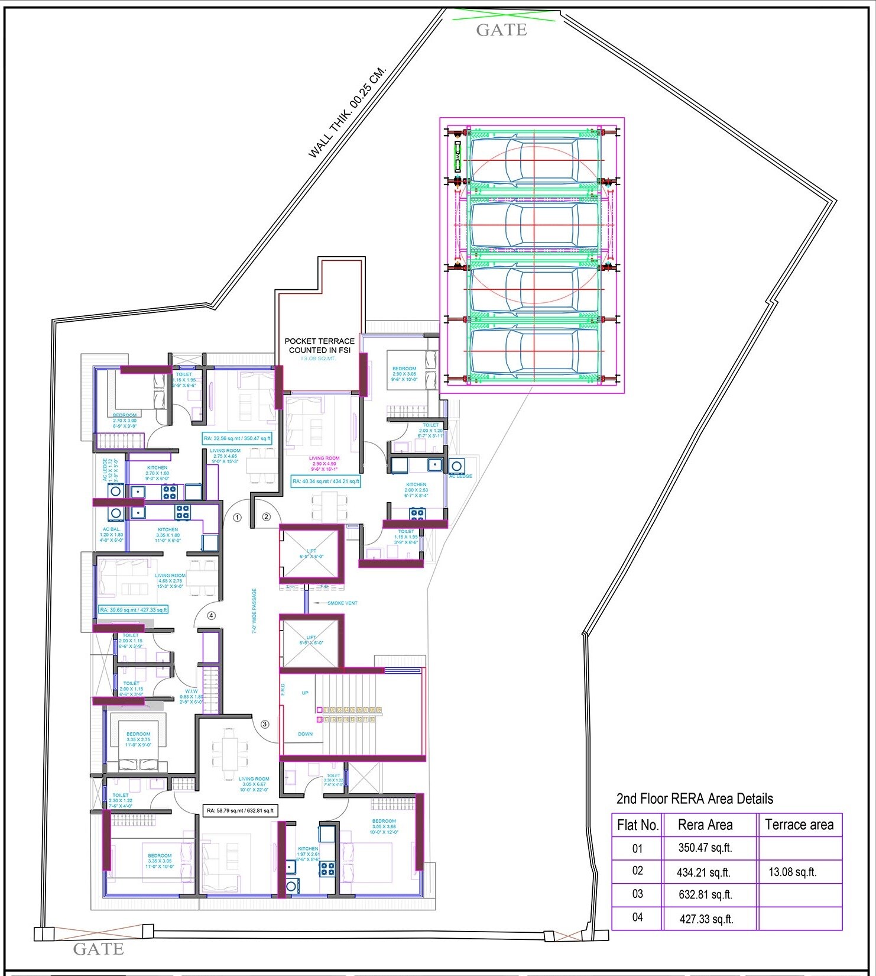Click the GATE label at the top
pyautogui.click(x=501, y=30)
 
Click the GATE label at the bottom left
pyautogui.click(x=98, y=949)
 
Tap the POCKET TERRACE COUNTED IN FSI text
pyautogui.click(x=319, y=345)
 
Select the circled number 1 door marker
pyautogui.click(x=237, y=517)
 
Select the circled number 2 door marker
pyautogui.click(x=266, y=517)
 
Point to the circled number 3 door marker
pyautogui.click(x=265, y=724)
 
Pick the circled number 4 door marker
pyautogui.click(x=211, y=615)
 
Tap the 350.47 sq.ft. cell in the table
pyautogui.click(x=705, y=848)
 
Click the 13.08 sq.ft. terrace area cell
pyautogui.click(x=792, y=872)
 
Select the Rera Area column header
pyautogui.click(x=705, y=825)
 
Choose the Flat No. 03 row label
pyautogui.click(x=637, y=894)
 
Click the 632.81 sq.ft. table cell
pyautogui.click(x=705, y=894)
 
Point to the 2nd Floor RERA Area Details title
pyautogui.click(x=695, y=799)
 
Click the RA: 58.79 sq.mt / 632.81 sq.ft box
pyautogui.click(x=239, y=810)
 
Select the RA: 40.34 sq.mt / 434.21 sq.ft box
pyautogui.click(x=326, y=481)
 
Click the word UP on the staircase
pyautogui.click(x=305, y=693)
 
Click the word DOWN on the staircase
pyautogui.click(x=305, y=734)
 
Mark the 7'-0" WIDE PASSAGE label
pyautogui.click(x=255, y=611)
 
